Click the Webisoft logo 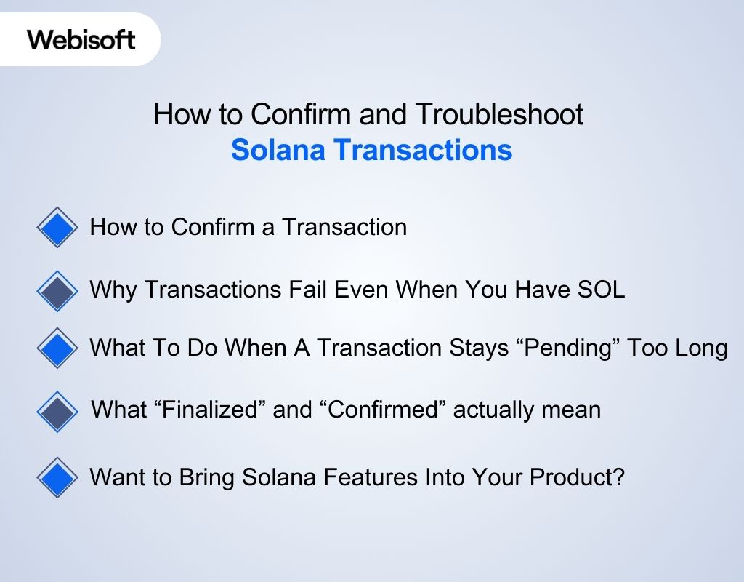(x=81, y=39)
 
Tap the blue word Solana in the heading (x=278, y=150)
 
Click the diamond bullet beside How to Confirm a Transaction (x=57, y=228)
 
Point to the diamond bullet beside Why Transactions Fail (x=57, y=291)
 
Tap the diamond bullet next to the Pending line (x=57, y=348)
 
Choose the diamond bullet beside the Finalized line (x=57, y=411)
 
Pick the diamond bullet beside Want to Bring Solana (x=57, y=478)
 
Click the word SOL (x=601, y=290)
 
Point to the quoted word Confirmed (x=383, y=410)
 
